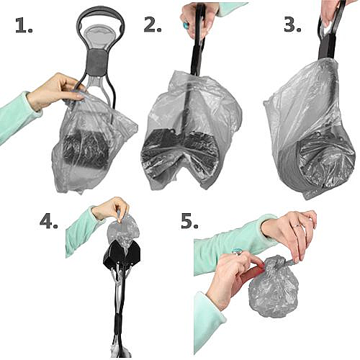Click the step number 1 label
(x=24, y=25)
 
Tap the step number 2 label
(x=153, y=24)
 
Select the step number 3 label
(x=292, y=24)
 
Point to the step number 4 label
(x=49, y=222)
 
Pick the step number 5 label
(x=189, y=222)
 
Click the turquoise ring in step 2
(x=186, y=25)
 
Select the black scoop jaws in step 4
(x=122, y=255)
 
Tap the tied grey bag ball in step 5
(x=274, y=287)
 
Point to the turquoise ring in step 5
(x=235, y=251)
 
